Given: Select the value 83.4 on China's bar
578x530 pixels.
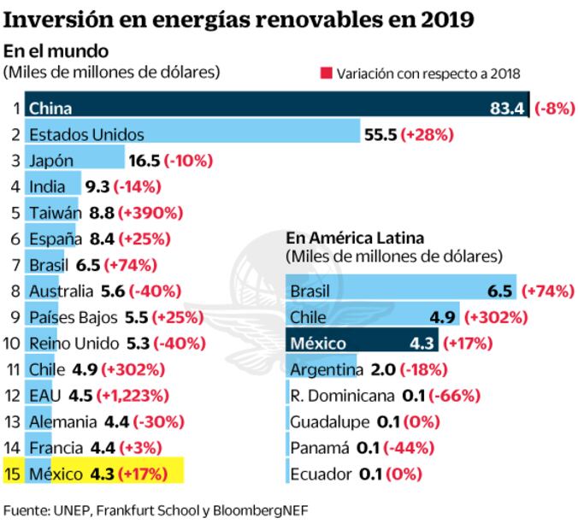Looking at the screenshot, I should (x=510, y=109).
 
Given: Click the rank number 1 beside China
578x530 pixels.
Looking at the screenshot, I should (x=15, y=109).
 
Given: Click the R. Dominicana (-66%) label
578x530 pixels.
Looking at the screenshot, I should (x=455, y=396).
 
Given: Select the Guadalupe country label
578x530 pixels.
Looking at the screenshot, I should (x=329, y=421).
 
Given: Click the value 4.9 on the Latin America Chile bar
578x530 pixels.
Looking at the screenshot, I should (x=442, y=317).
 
